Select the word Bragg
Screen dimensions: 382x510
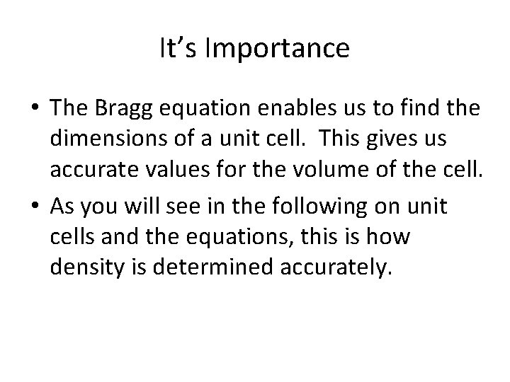pyautogui.click(x=127, y=109)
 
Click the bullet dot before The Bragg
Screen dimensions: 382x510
pyautogui.click(x=35, y=110)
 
